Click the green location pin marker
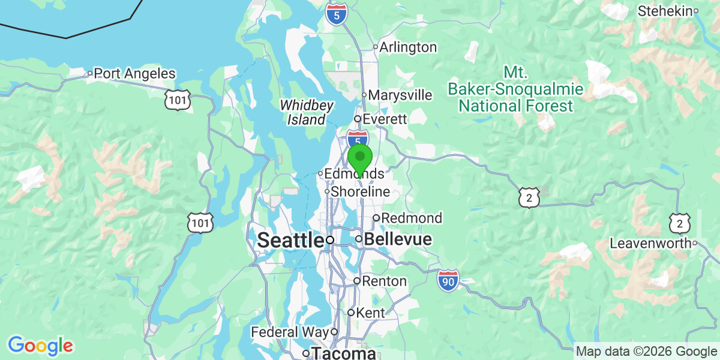pos(360,158)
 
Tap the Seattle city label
pos(290,241)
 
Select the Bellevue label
pos(398,239)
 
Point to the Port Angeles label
pos(135,74)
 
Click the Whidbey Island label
pos(306,112)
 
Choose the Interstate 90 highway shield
pos(448,280)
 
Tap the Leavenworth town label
pos(650,244)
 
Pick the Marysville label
pos(400,95)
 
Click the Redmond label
pos(412,218)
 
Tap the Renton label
pos(385,281)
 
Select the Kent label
pos(370,313)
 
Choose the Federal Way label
pos(290,332)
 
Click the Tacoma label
pos(343,353)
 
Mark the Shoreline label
pos(361,192)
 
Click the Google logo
pos(40,346)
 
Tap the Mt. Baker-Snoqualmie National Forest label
pos(515,89)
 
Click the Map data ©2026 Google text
pos(646,351)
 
